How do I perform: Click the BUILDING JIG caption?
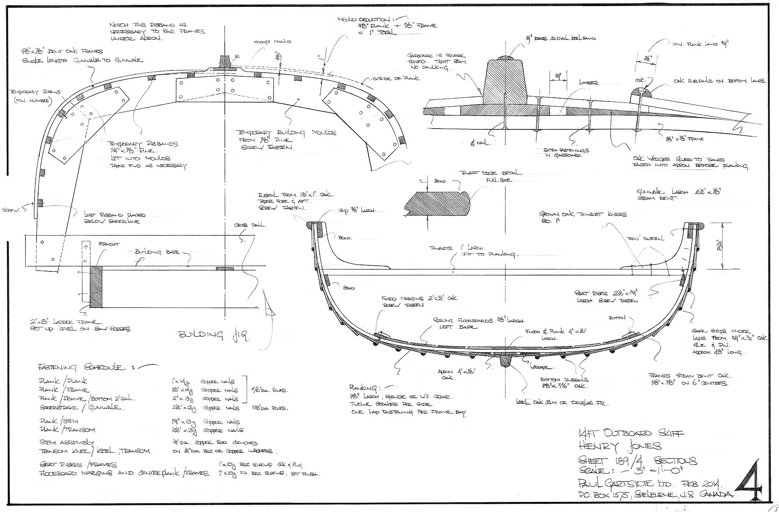pos(214,335)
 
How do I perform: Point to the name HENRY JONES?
pos(620,447)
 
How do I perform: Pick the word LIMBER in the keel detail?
pos(588,83)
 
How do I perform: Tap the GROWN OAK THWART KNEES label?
pos(583,214)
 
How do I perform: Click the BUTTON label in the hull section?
pos(617,318)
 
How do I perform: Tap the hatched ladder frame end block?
pos(96,286)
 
